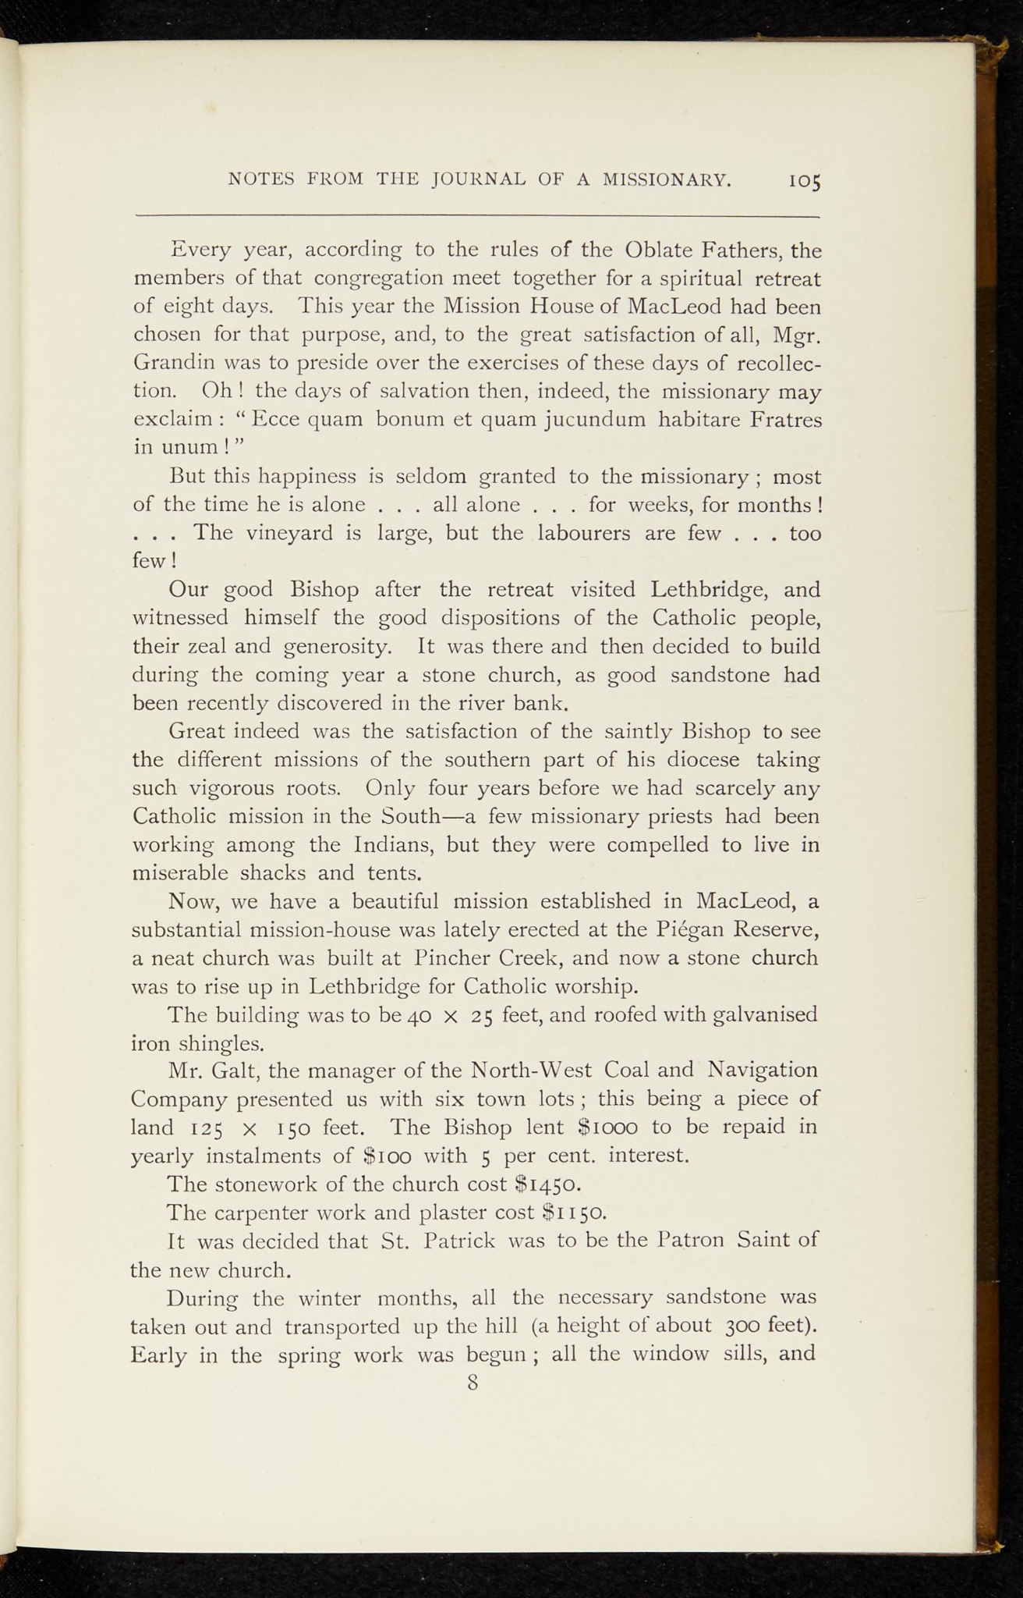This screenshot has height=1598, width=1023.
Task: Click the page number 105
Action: pyautogui.click(x=805, y=182)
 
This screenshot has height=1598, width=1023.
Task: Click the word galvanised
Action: pyautogui.click(x=756, y=1015)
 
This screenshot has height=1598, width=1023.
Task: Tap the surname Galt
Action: pyautogui.click(x=232, y=1071)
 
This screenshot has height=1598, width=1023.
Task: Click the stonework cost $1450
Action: pyautogui.click(x=547, y=1184)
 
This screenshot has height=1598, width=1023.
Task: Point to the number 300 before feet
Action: pyautogui.click(x=740, y=1325)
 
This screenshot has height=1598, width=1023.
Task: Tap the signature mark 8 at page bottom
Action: pyautogui.click(x=472, y=1383)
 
